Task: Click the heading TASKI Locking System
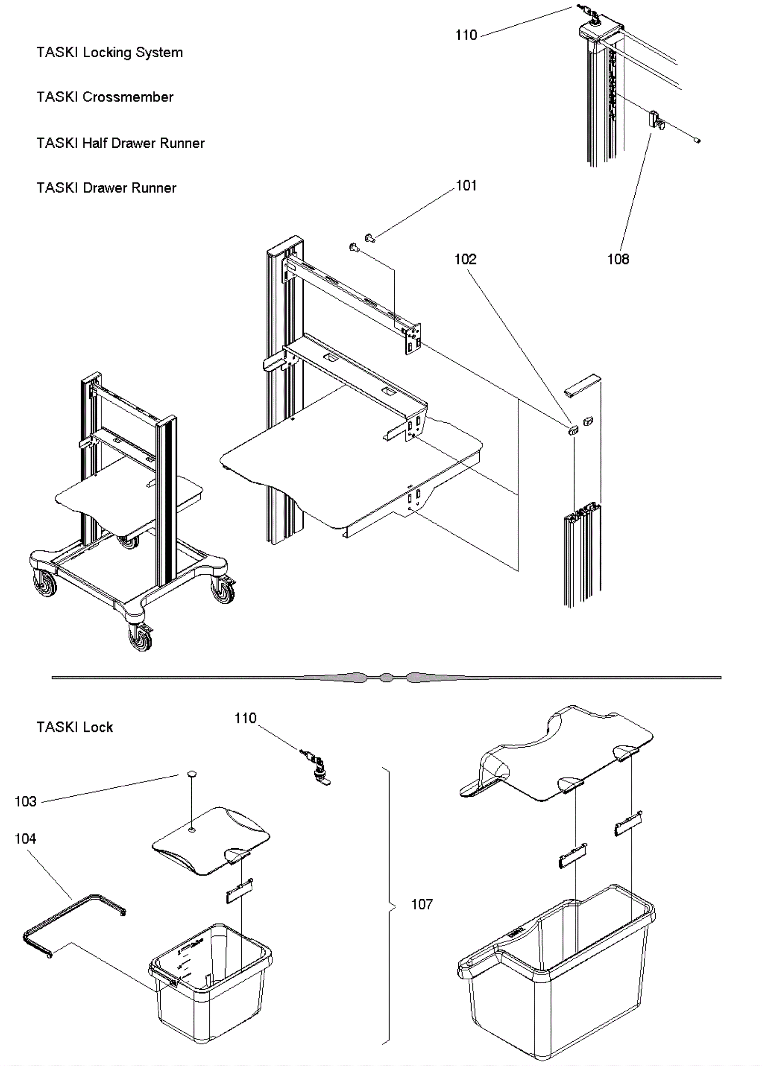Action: (x=109, y=52)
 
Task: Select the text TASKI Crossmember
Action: (x=104, y=97)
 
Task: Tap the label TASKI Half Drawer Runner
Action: (x=120, y=143)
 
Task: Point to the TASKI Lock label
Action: (x=74, y=727)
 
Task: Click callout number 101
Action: (x=466, y=186)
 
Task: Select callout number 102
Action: (x=465, y=259)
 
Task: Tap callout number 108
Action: (x=618, y=259)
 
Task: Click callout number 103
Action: (x=25, y=802)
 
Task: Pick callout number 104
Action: (x=25, y=839)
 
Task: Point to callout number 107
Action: (x=422, y=904)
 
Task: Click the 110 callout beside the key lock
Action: (x=245, y=718)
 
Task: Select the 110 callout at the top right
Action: (x=465, y=35)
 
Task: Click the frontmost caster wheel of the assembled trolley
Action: (x=141, y=636)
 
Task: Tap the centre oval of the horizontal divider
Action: (x=386, y=677)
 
